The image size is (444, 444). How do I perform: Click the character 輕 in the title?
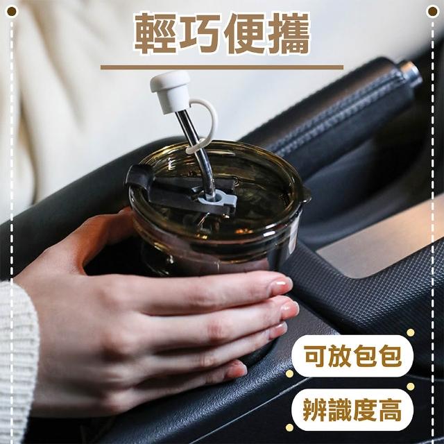[x=155, y=33]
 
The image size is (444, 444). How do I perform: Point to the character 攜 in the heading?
[x=289, y=33]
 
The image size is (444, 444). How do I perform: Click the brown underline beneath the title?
[x=222, y=67]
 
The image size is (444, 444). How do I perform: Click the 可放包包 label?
[x=352, y=356]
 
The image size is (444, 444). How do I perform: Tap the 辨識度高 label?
[x=352, y=409]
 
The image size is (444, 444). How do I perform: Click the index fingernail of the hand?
[x=280, y=285]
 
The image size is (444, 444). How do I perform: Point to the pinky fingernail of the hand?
[x=237, y=370]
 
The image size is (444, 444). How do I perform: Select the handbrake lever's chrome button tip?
[x=411, y=75]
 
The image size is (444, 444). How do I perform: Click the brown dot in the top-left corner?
[x=12, y=12]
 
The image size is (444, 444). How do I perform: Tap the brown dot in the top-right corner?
[x=432, y=12]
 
